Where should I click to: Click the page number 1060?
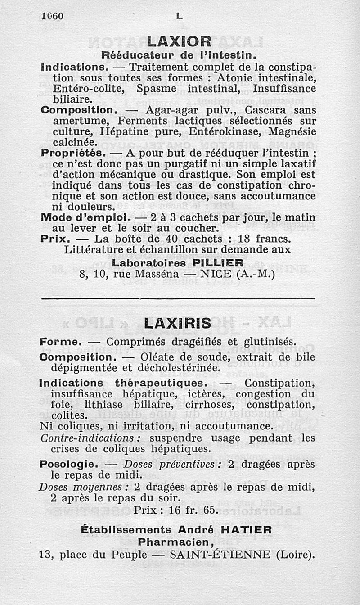pyautogui.click(x=52, y=16)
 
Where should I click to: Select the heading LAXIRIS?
pyautogui.click(x=178, y=322)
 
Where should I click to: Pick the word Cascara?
pyautogui.click(x=269, y=110)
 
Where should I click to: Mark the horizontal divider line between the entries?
pyautogui.click(x=178, y=298)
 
